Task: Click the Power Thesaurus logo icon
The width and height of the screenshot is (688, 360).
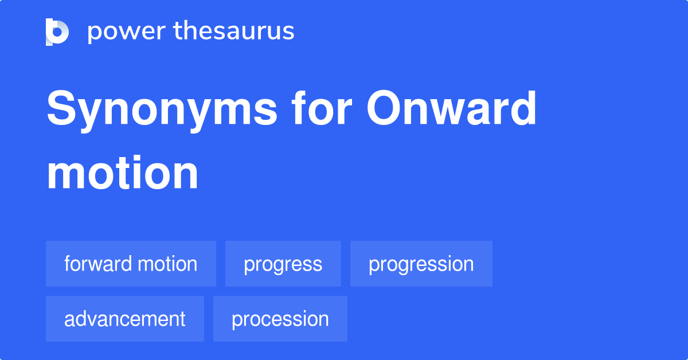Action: coord(57,32)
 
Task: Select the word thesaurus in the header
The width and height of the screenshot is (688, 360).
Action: coord(234,32)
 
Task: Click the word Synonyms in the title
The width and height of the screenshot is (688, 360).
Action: coord(162,110)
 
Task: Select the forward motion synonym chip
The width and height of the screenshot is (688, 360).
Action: coord(131,264)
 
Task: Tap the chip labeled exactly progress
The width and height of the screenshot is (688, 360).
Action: coord(283,264)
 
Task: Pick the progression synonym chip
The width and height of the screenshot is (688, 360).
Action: coord(421,264)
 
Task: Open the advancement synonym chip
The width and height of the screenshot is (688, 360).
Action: coord(124,319)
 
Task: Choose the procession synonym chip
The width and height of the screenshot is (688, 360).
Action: coord(280,319)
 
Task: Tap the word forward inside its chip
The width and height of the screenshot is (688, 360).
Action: coord(97,264)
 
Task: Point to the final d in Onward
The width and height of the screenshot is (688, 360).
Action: coord(522,109)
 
